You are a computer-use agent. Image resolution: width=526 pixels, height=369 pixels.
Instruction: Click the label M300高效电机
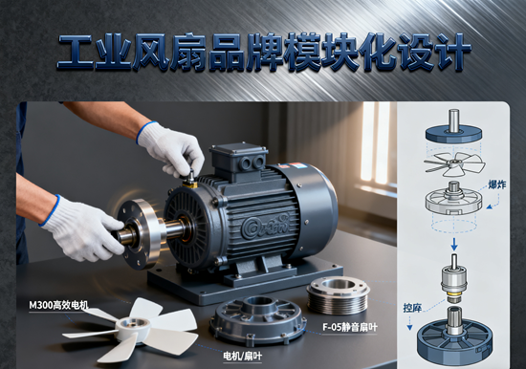[59, 304]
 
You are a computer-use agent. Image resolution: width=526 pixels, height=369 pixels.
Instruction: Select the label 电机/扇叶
[242, 355]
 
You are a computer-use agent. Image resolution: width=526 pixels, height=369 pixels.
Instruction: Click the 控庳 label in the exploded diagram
[412, 308]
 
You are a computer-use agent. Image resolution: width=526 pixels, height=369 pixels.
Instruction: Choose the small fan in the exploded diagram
[449, 162]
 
